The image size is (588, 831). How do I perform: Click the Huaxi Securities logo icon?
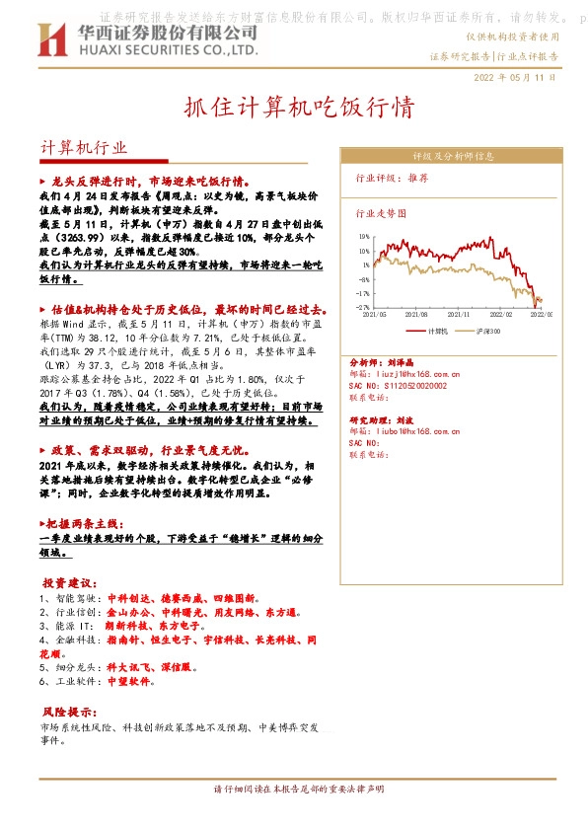[x=52, y=39]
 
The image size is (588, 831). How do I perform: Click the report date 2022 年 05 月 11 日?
[x=515, y=76]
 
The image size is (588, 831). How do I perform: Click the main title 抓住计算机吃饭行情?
[x=293, y=107]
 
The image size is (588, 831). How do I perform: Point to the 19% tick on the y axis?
[x=364, y=237]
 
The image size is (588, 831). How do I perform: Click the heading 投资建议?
[x=70, y=581]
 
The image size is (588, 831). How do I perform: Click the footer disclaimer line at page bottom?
[x=293, y=790]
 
